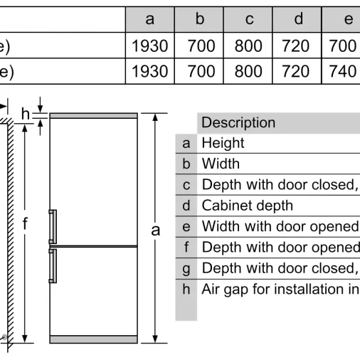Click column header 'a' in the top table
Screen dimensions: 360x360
[149, 19]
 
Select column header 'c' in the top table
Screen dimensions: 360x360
[249, 19]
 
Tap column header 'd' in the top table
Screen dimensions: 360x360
[299, 18]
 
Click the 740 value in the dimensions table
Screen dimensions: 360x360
[342, 71]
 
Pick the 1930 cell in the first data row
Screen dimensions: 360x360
[149, 46]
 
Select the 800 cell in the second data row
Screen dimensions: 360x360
[248, 71]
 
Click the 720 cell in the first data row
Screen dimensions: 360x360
[295, 46]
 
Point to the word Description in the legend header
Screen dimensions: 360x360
[238, 122]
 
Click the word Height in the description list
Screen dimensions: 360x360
[223, 143]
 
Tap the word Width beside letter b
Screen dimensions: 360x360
[221, 164]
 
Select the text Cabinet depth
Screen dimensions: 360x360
[248, 206]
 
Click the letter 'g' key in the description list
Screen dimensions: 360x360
[186, 269]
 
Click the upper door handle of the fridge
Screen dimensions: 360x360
[53, 226]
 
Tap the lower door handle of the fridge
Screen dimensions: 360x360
[53, 266]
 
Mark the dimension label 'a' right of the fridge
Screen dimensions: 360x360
[156, 231]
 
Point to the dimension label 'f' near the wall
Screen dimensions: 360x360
[25, 223]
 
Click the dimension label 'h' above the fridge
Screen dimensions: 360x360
[26, 114]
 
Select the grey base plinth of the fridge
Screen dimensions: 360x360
[94, 339]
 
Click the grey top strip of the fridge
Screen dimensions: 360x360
[94, 116]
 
